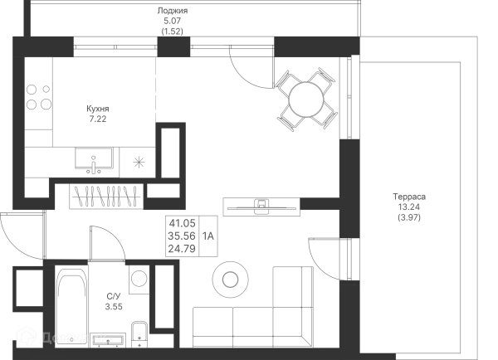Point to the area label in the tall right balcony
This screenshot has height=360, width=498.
point(411,208)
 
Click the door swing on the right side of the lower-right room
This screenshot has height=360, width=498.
point(326,254)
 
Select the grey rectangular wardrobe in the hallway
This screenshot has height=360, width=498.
point(104,198)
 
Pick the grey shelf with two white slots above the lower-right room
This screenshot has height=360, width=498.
point(261,202)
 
